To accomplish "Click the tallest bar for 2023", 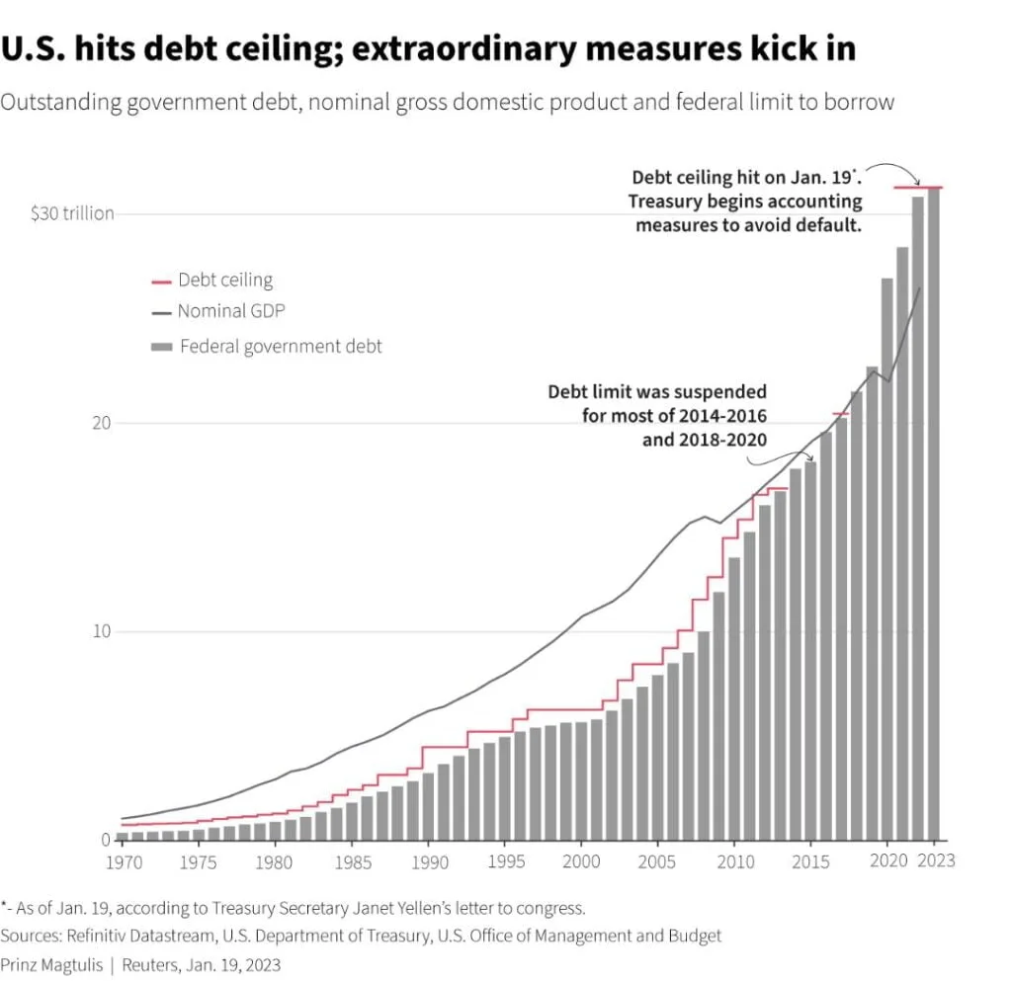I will click(934, 514).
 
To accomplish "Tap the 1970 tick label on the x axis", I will click(122, 860).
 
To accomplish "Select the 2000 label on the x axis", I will click(581, 860).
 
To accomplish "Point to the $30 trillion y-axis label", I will click(72, 213).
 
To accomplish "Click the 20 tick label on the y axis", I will click(100, 423).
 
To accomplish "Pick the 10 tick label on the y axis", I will click(100, 632).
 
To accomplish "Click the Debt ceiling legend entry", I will click(224, 281).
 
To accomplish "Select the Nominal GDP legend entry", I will click(232, 311).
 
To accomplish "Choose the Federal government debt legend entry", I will click(281, 347).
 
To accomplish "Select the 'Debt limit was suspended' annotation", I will click(657, 392).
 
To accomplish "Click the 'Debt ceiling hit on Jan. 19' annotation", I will click(747, 179).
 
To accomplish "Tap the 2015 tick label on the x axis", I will click(810, 860).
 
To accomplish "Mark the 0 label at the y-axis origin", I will click(106, 841).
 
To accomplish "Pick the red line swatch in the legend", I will click(160, 282).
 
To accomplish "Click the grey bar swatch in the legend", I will click(160, 347).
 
